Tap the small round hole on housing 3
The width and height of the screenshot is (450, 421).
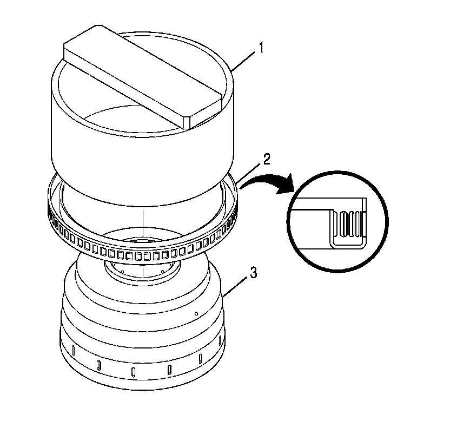click(x=196, y=312)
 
